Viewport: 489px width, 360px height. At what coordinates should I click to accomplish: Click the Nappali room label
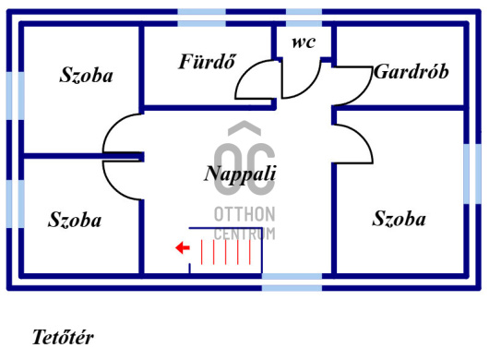click(240, 173)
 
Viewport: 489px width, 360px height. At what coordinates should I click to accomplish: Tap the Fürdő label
click(207, 63)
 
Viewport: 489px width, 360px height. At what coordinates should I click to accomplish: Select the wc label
click(303, 42)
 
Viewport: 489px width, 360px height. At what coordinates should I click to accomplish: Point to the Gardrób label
click(411, 72)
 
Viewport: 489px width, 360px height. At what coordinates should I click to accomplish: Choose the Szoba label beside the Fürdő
click(86, 76)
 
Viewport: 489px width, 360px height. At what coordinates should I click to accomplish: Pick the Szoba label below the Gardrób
click(399, 219)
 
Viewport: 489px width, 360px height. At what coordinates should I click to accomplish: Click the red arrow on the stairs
click(182, 247)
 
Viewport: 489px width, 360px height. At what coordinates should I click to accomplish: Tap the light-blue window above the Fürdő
click(201, 12)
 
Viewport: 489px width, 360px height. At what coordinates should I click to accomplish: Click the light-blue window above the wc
click(303, 12)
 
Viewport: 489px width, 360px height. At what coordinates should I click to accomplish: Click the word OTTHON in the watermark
click(244, 214)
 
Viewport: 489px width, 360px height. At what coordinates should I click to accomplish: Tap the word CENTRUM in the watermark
click(244, 233)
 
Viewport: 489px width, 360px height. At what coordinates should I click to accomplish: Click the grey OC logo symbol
click(244, 164)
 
